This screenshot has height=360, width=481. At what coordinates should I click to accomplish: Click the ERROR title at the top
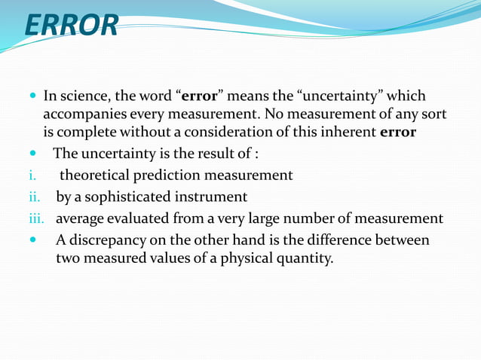[72, 24]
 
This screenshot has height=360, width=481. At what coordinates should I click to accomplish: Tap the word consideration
[239, 133]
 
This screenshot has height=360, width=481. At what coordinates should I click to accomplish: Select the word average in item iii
[80, 219]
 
